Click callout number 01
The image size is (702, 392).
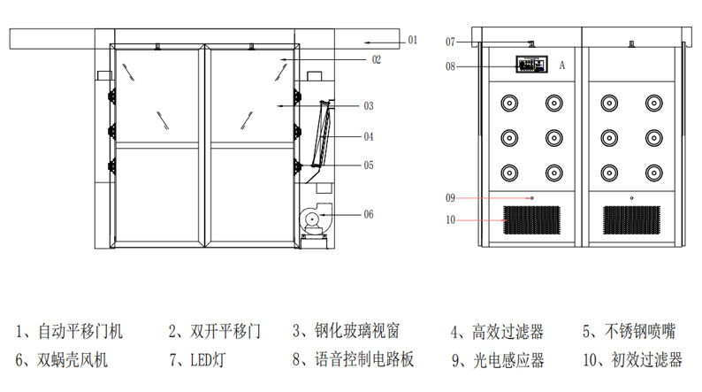pos(413,40)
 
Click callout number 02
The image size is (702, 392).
pos(376,59)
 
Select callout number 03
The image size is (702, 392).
pos(369,105)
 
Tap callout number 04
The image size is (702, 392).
pos(369,137)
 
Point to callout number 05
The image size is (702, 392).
pos(369,165)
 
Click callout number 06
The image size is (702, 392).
pos(369,213)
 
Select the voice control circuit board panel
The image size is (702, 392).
pos(531,65)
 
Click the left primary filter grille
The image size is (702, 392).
pos(532,220)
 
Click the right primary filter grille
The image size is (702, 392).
pos(631,220)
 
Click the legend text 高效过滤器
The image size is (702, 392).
pos(507,332)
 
